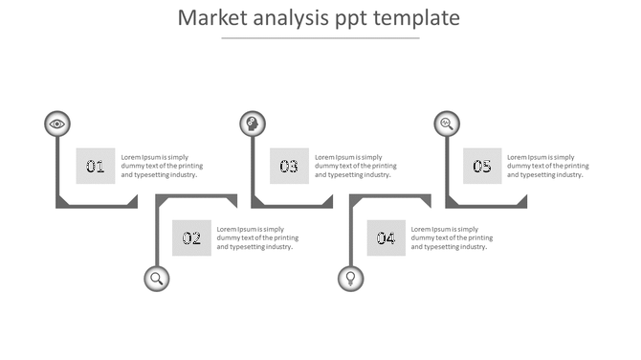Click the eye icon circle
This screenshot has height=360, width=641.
[x=57, y=124]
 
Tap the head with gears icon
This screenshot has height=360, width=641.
[x=252, y=124]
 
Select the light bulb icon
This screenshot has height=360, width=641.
[x=350, y=279]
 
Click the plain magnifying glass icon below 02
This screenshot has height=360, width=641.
[x=157, y=279]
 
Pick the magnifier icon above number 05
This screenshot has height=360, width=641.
[x=446, y=124]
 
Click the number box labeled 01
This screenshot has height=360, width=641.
[x=96, y=167]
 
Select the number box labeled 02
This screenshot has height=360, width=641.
[x=191, y=238]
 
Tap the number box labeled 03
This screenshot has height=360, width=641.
[x=289, y=167]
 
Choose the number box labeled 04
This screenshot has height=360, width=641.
[x=386, y=238]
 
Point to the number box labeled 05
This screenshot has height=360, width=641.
[x=482, y=167]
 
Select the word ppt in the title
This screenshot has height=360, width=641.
[x=353, y=20]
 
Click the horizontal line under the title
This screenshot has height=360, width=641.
[x=320, y=38]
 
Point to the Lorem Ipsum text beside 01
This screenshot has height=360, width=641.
[x=162, y=166]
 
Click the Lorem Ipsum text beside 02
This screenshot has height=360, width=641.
[x=257, y=237]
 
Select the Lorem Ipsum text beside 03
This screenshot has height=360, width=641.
[x=355, y=166]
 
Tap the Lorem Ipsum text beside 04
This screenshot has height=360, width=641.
[x=452, y=237]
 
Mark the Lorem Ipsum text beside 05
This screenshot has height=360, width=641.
[x=548, y=166]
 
